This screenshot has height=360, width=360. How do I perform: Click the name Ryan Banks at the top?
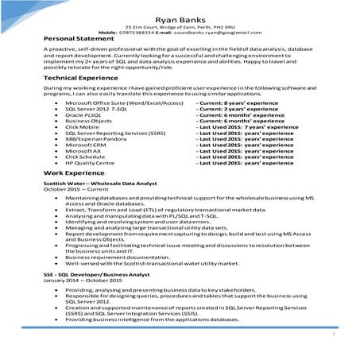180,17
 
